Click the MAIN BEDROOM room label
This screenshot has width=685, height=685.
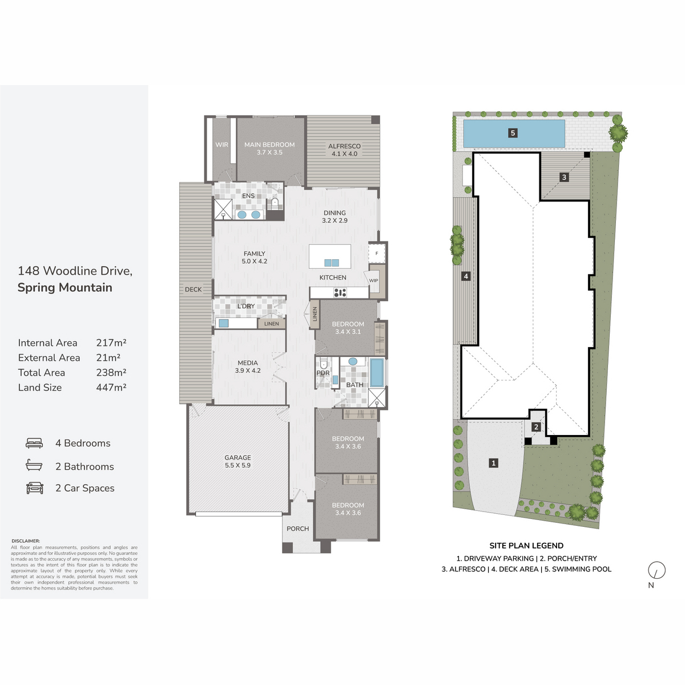point(269,144)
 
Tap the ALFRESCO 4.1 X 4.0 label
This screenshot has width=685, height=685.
point(344,150)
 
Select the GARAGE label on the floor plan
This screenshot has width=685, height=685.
point(237,457)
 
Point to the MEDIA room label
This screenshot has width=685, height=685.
point(247,363)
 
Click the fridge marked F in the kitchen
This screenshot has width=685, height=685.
point(377,253)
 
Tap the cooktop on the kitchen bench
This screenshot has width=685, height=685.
point(340,293)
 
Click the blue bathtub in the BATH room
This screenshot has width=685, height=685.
point(377,372)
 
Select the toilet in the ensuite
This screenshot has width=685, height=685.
point(275,203)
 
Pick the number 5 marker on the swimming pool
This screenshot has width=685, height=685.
point(513,133)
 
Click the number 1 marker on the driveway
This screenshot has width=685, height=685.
point(493,463)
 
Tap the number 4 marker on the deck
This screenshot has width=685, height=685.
point(466,276)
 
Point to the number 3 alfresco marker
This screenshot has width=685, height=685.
point(564,177)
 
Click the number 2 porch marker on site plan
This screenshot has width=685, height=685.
point(536,427)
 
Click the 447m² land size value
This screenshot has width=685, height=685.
point(111,387)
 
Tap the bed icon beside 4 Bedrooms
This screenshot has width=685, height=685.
point(34,443)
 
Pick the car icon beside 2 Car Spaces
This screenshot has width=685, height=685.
point(34,487)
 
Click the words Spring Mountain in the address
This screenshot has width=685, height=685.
point(65,287)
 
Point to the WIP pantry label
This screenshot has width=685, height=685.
point(373,280)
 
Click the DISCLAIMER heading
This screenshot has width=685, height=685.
point(26,541)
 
